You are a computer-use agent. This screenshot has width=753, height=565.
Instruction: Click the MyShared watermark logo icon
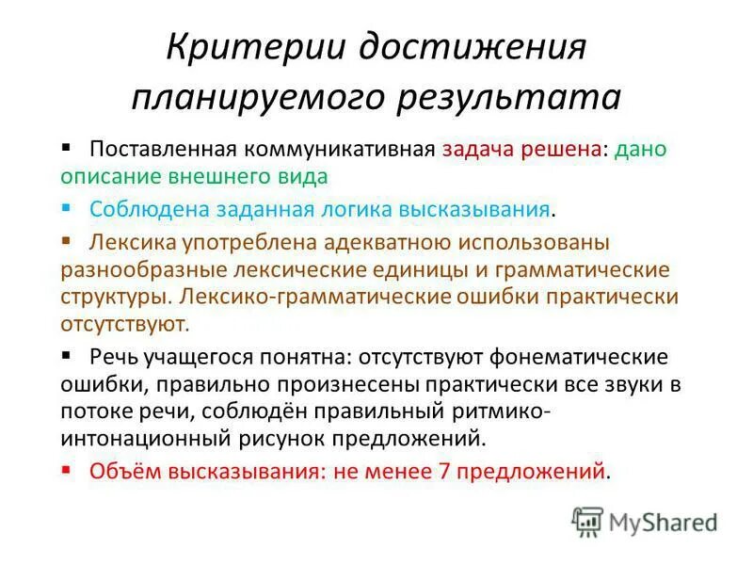587,521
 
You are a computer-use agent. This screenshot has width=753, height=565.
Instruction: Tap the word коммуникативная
340,151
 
